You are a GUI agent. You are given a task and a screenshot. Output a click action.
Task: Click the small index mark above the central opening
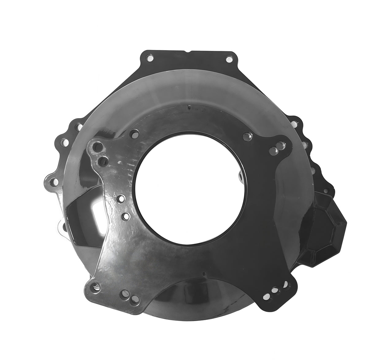click(189, 107)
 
